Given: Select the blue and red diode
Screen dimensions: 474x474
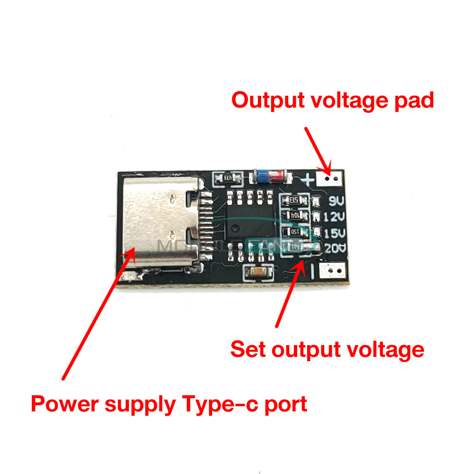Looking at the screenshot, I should (270, 176).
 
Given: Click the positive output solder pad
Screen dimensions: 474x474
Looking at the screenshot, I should (330, 179).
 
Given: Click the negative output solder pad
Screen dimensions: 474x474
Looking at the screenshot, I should (331, 271).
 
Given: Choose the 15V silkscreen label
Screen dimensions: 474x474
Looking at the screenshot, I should (334, 233).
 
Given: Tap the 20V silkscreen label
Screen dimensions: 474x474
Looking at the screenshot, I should (334, 248).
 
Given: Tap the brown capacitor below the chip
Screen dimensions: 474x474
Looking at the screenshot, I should (257, 272).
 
